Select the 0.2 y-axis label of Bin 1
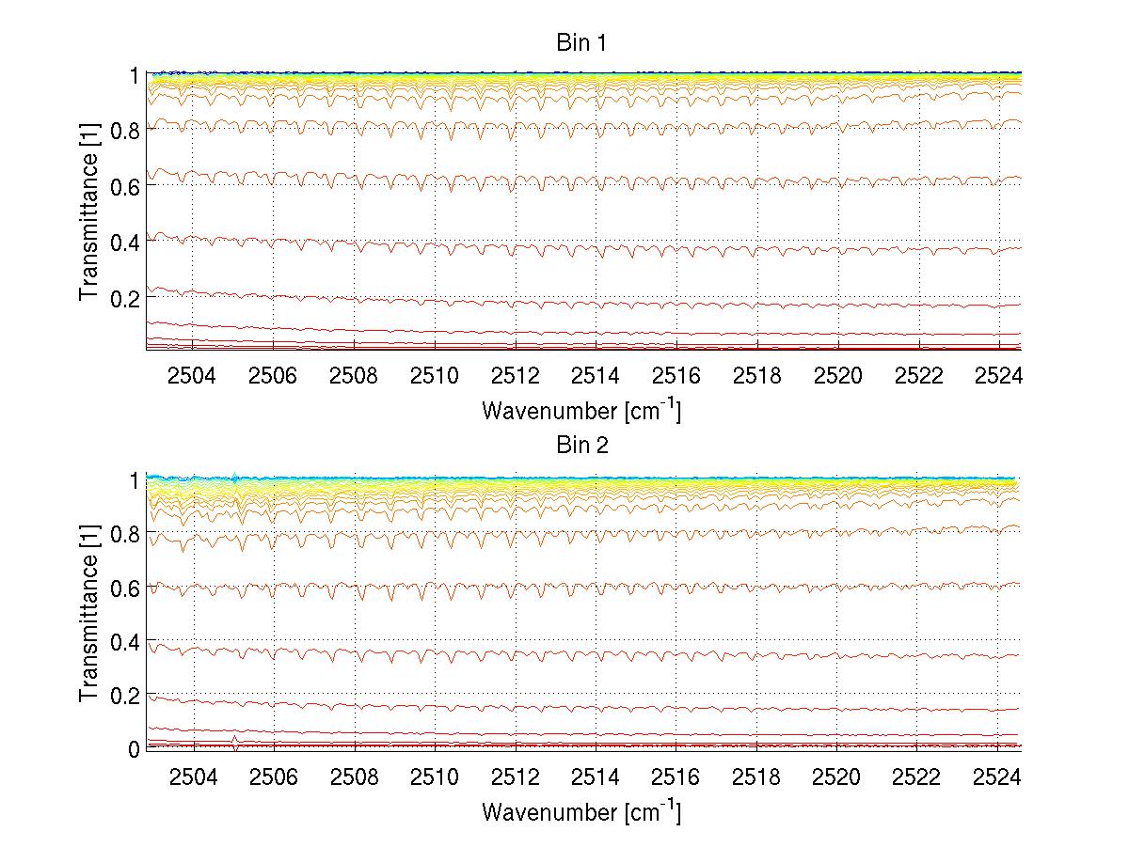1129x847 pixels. coord(125,297)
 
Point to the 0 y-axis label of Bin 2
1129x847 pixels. coord(135,748)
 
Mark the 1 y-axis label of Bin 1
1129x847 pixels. coord(135,75)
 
